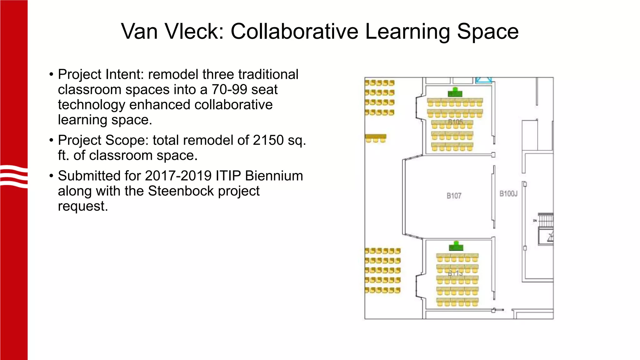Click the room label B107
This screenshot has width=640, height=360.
pyautogui.click(x=454, y=196)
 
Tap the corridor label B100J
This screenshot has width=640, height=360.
pyautogui.click(x=508, y=194)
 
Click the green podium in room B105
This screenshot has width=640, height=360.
pyautogui.click(x=455, y=92)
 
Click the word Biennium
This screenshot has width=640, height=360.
pyautogui.click(x=274, y=176)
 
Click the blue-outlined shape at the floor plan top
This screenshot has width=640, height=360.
pyautogui.click(x=483, y=80)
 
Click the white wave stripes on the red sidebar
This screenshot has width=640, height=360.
pyautogui.click(x=14, y=177)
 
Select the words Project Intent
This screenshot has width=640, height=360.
pyautogui.click(x=100, y=75)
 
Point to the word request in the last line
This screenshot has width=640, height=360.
pyautogui.click(x=82, y=206)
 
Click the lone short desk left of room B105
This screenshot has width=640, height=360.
pyautogui.click(x=376, y=138)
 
